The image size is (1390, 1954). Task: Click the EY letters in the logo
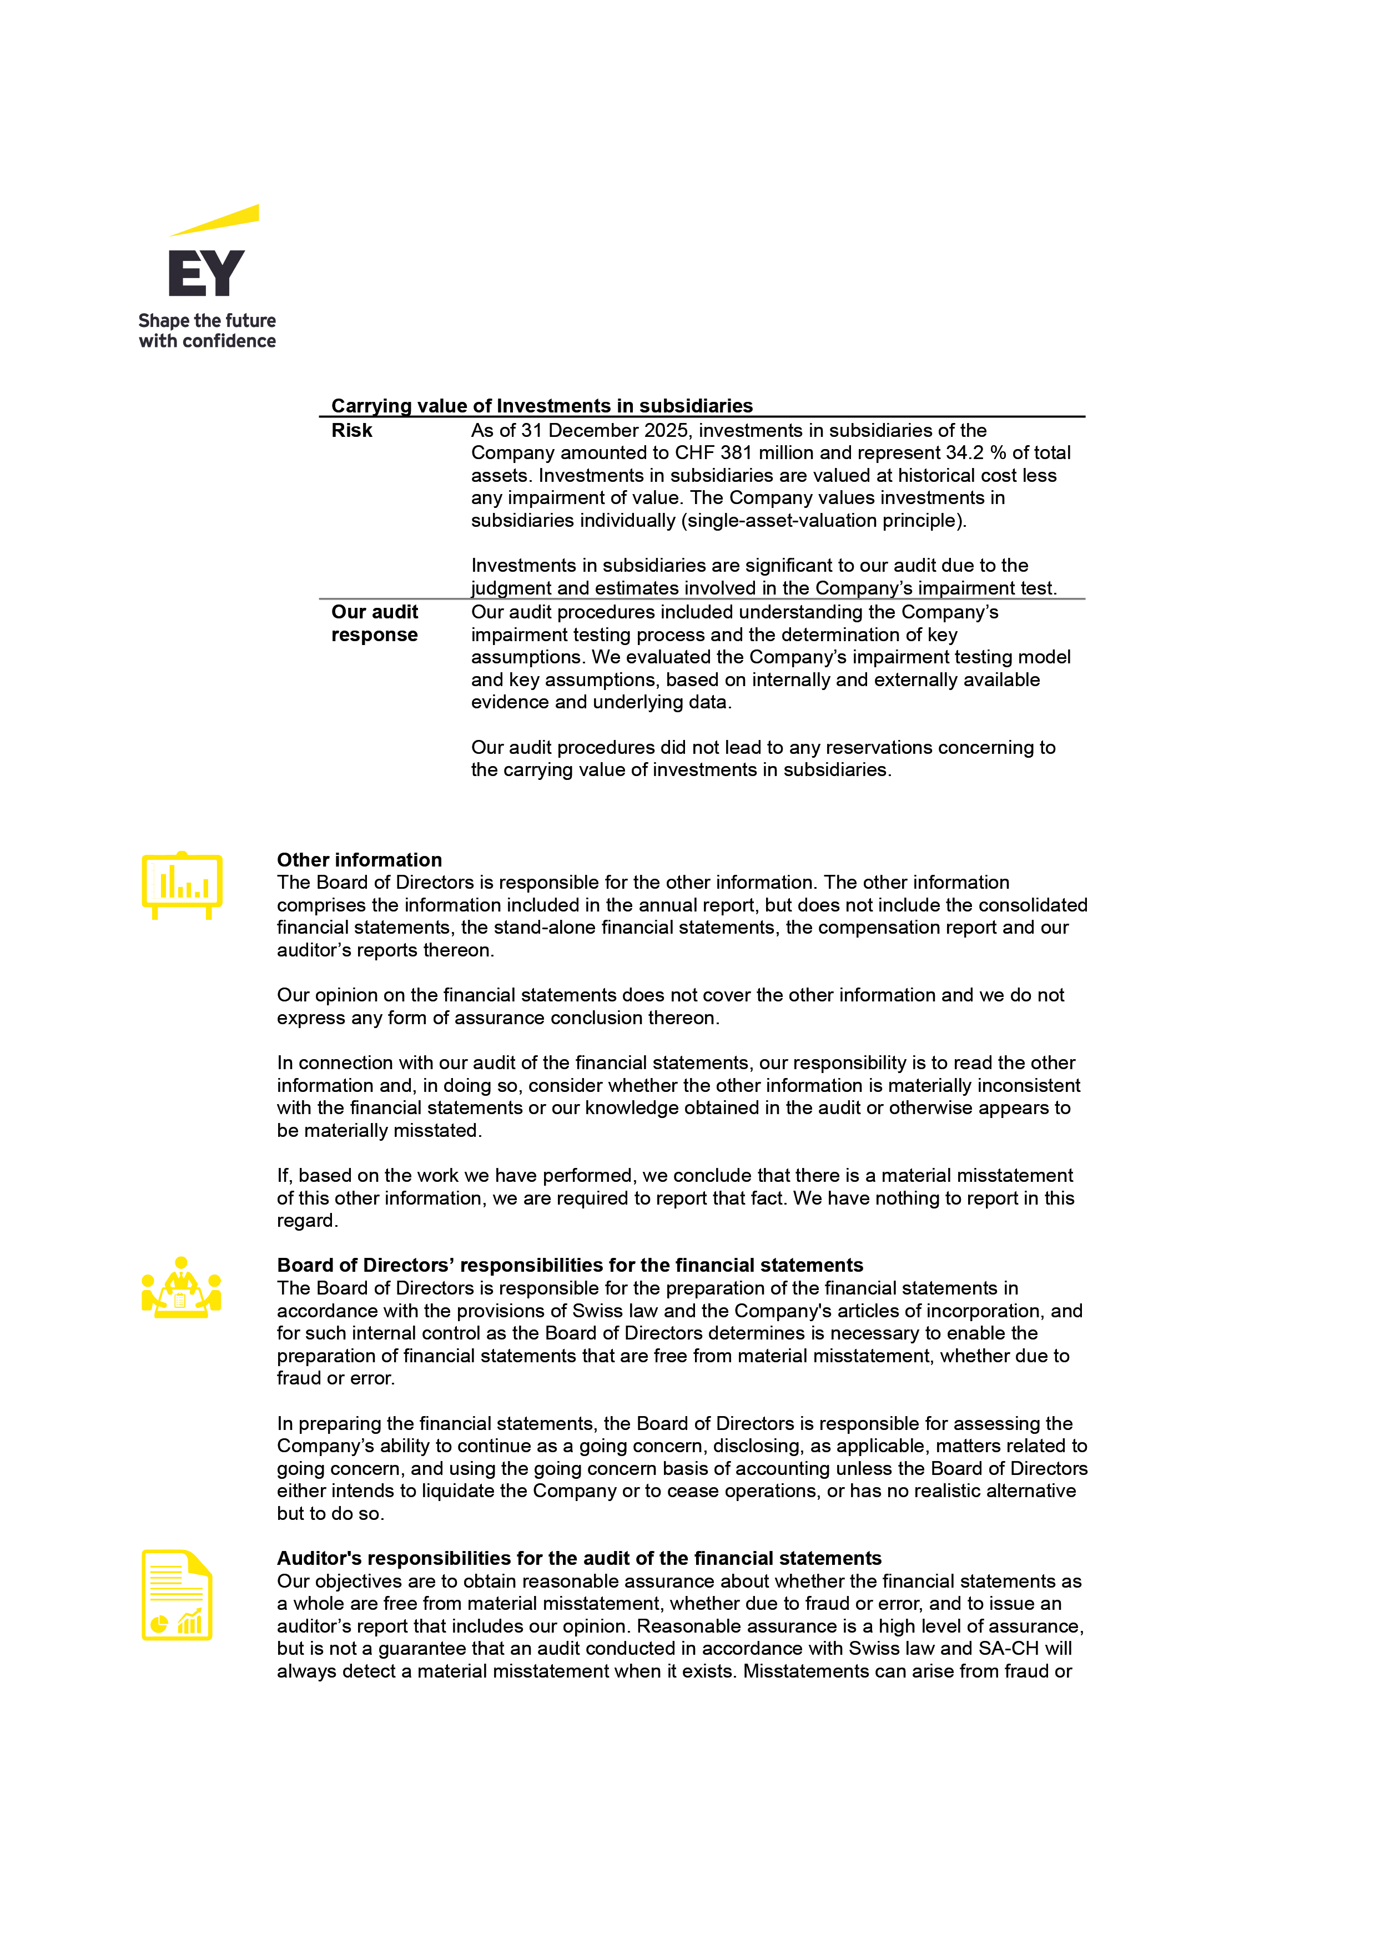[x=207, y=273]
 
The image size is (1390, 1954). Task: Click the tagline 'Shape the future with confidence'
[x=207, y=330]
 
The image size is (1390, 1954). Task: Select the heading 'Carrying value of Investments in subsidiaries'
[x=542, y=406]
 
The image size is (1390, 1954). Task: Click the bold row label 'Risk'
[x=352, y=431]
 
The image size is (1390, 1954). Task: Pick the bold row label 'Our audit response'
[x=374, y=623]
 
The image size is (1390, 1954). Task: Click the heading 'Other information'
[x=360, y=859]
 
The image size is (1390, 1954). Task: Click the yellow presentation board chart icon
[x=182, y=885]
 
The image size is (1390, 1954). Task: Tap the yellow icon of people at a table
[x=182, y=1287]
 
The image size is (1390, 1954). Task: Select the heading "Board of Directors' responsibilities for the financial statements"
[x=570, y=1265]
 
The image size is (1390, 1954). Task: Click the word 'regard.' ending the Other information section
[x=308, y=1221]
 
